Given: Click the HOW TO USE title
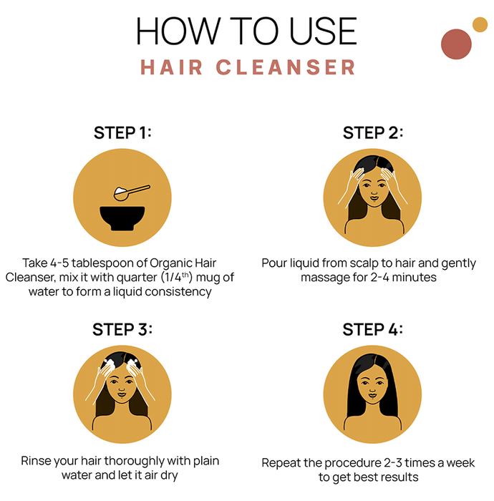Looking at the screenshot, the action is [x=246, y=31].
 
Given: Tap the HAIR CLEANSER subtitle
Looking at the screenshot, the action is [x=248, y=67].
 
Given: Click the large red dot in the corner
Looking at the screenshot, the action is [x=456, y=44].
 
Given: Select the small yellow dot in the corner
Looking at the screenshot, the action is [x=480, y=24].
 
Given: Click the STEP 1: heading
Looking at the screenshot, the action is [x=122, y=132].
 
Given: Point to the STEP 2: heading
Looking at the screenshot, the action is [x=372, y=132].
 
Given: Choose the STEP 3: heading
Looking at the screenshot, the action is [x=122, y=329].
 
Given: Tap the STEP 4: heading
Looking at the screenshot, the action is [x=372, y=329].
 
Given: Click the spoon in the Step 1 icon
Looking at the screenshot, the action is [x=132, y=193].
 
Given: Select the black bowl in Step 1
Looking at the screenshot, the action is [x=122, y=218].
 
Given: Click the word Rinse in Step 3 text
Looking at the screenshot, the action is [x=36, y=461].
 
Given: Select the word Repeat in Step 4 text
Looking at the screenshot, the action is [x=281, y=463].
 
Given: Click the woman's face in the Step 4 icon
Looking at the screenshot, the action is [x=372, y=386].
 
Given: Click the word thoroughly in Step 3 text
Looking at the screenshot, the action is [x=134, y=462].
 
